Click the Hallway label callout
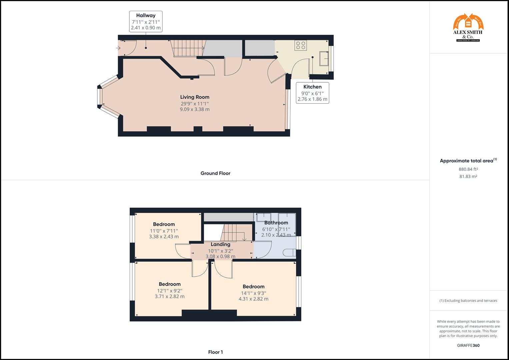(146, 21)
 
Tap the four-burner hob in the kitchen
(301, 45)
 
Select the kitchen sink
(324, 59)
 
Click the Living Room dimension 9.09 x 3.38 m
(195, 109)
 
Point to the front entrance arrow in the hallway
(118, 48)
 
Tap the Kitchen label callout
(312, 93)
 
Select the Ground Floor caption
(215, 173)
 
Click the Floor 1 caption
(215, 352)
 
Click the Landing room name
(220, 244)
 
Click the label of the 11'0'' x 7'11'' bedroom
(164, 224)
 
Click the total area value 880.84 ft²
(468, 169)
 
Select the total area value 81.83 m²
(468, 177)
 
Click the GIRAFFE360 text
(468, 345)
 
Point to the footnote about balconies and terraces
(468, 301)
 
